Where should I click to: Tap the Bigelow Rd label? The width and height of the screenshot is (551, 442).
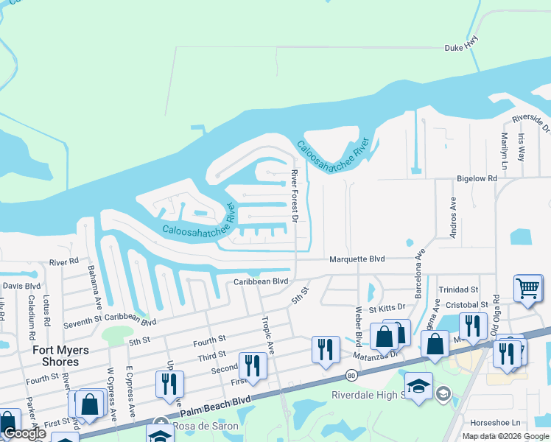click(x=477, y=178)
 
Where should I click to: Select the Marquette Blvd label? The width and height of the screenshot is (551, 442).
click(x=357, y=259)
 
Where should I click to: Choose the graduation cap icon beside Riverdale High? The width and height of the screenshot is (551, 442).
click(x=418, y=385)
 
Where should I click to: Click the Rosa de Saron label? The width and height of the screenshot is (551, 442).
click(x=206, y=427)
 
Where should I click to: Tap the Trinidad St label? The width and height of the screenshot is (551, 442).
click(x=458, y=290)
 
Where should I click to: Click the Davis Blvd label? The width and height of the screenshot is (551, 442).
click(x=21, y=286)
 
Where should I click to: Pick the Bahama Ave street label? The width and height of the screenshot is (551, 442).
click(x=94, y=287)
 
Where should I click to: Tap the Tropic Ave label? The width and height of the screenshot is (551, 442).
click(x=267, y=336)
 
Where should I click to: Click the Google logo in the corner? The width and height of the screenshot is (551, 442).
click(x=24, y=433)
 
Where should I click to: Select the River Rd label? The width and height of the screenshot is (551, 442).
click(x=64, y=262)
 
